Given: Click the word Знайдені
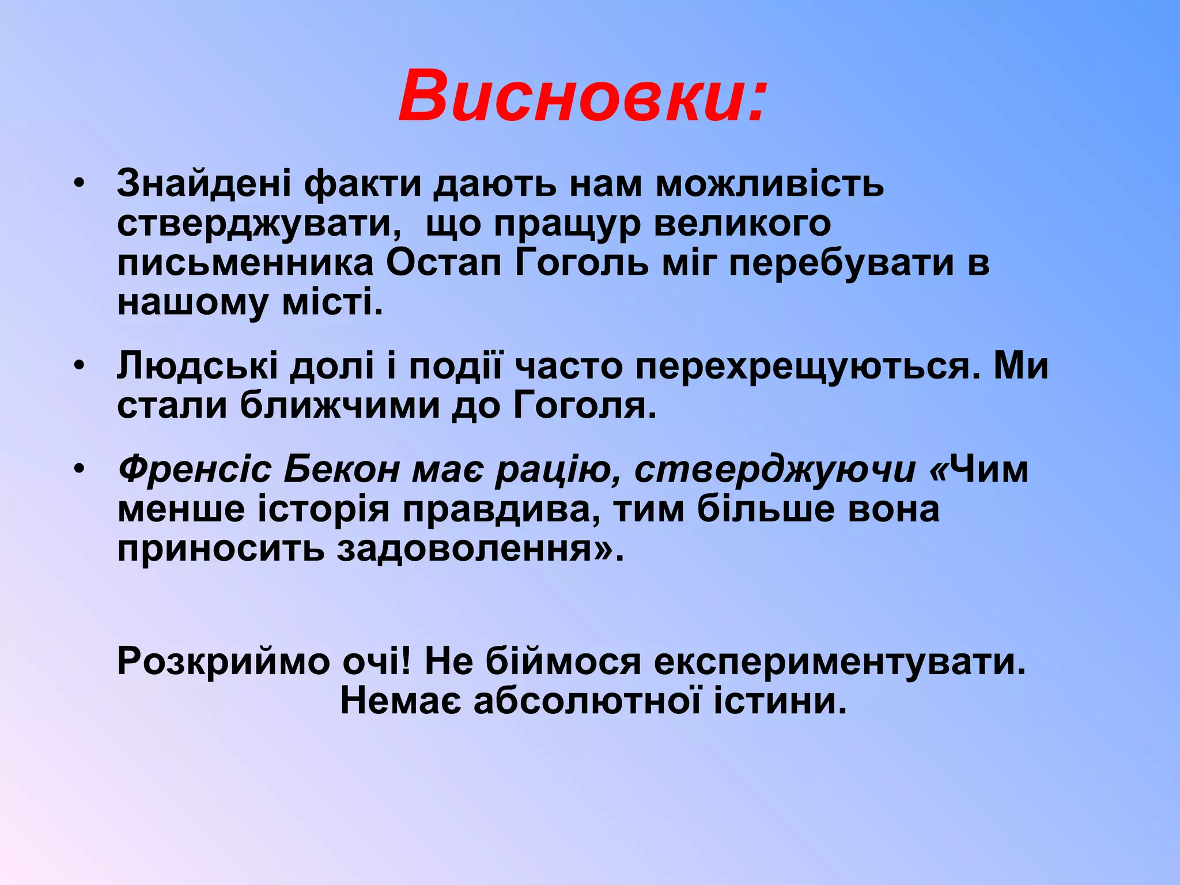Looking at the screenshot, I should (204, 184).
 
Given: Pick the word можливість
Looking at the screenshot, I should (770, 184).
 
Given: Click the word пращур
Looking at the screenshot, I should (567, 224).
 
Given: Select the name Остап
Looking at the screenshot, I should (444, 263).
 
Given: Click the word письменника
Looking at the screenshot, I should (245, 263).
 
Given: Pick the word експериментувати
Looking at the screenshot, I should (840, 661).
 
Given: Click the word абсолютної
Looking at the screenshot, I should (587, 701).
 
